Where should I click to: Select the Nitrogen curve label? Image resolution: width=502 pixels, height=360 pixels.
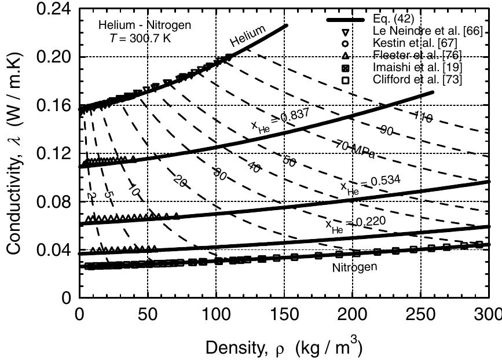[355, 267]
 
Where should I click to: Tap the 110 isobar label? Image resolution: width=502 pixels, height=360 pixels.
[423, 117]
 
